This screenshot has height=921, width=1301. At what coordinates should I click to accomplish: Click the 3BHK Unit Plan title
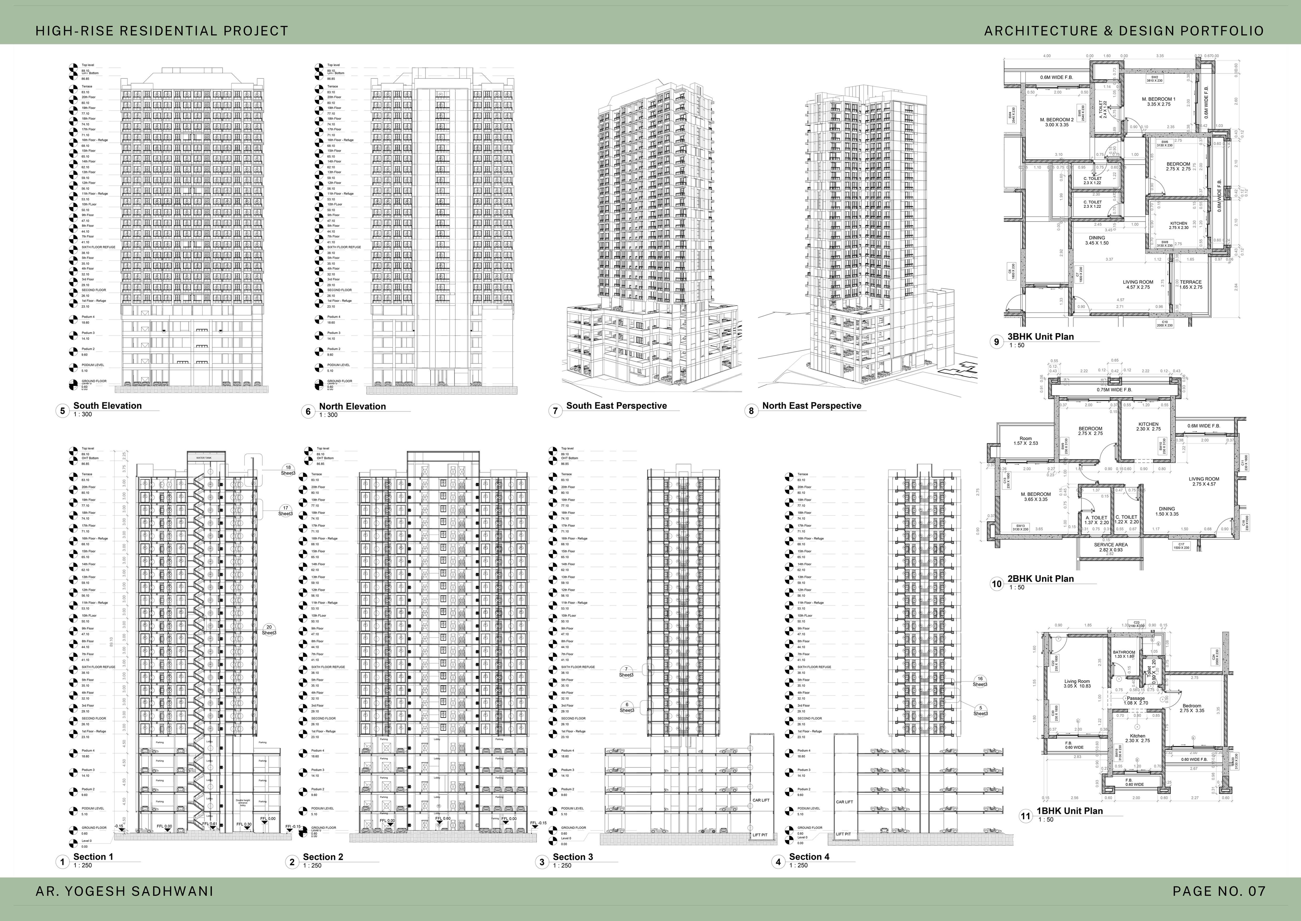pyautogui.click(x=1040, y=336)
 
